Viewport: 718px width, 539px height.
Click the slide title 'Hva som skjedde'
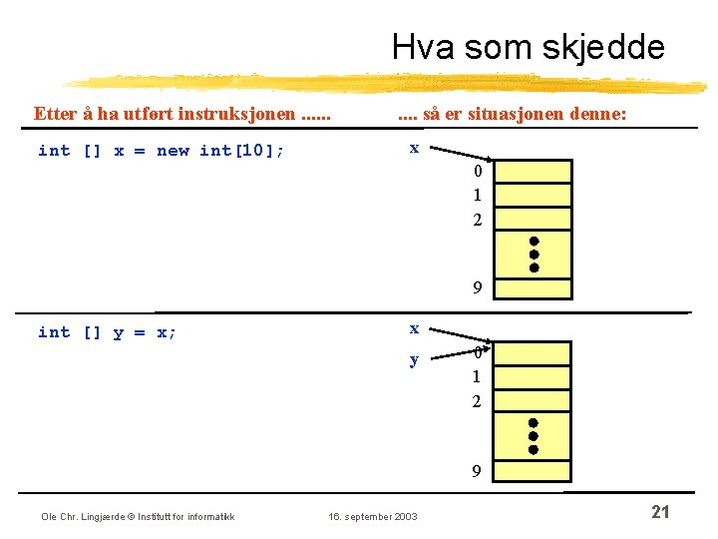pyautogui.click(x=528, y=47)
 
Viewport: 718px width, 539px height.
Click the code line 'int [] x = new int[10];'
pyautogui.click(x=161, y=151)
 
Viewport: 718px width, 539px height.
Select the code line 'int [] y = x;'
pyautogui.click(x=107, y=332)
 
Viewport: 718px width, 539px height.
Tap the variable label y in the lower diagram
pyautogui.click(x=414, y=359)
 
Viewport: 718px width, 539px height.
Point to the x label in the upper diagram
pyautogui.click(x=414, y=148)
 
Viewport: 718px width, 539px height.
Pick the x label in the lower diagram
pyautogui.click(x=414, y=328)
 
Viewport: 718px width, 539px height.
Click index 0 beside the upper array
pyautogui.click(x=478, y=172)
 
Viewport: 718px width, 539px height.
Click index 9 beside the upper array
pyautogui.click(x=478, y=288)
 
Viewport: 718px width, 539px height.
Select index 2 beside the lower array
pyautogui.click(x=477, y=401)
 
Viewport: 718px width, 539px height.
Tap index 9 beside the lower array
pyautogui.click(x=478, y=471)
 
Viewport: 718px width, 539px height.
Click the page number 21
pyautogui.click(x=659, y=512)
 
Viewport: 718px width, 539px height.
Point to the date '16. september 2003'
pyautogui.click(x=373, y=516)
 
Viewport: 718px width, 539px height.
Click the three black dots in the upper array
pyautogui.click(x=535, y=255)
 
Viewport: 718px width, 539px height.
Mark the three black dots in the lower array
pyautogui.click(x=534, y=436)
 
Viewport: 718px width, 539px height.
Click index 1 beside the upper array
pyautogui.click(x=478, y=196)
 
